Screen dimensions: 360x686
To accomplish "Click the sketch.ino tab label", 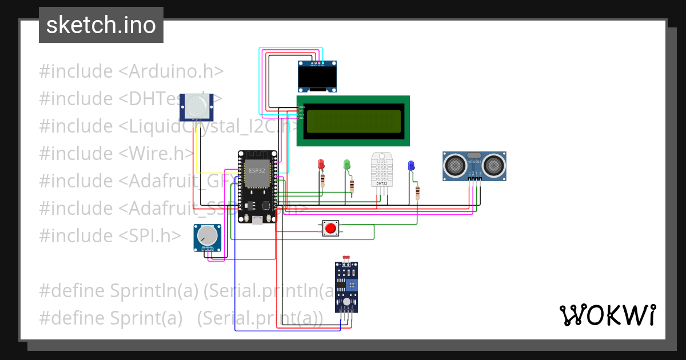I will pyautogui.click(x=101, y=25).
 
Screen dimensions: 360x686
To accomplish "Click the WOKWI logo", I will pyautogui.click(x=607, y=315).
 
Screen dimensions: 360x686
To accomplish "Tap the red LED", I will pyautogui.click(x=321, y=165).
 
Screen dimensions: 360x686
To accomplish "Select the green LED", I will pyautogui.click(x=346, y=165).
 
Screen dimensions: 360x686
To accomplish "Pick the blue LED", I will pyautogui.click(x=410, y=166).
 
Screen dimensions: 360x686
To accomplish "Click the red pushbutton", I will pyautogui.click(x=330, y=229).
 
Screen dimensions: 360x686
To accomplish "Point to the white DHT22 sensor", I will pyautogui.click(x=382, y=169).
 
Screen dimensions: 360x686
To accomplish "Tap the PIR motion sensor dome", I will pyautogui.click(x=197, y=106).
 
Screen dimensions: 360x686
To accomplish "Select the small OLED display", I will pyautogui.click(x=317, y=77).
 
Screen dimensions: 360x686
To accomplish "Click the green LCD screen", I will pyautogui.click(x=353, y=121).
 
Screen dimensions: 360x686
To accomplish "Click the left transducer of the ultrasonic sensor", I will pyautogui.click(x=456, y=165).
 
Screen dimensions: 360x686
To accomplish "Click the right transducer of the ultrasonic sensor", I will pyautogui.click(x=493, y=165).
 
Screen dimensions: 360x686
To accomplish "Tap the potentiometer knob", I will pyautogui.click(x=207, y=235).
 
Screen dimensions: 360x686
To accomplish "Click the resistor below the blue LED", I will pyautogui.click(x=417, y=193).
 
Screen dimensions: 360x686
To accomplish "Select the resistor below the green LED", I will pyautogui.click(x=351, y=186).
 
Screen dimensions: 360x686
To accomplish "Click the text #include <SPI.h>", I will pyautogui.click(x=110, y=235).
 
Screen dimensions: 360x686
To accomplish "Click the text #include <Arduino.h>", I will pyautogui.click(x=131, y=71).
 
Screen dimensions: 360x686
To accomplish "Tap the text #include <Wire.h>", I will pyautogui.click(x=117, y=154).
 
